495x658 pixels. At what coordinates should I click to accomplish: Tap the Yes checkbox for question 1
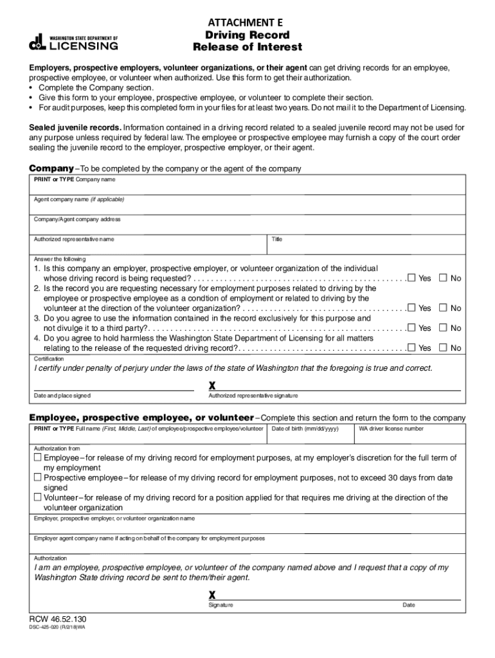pos(411,278)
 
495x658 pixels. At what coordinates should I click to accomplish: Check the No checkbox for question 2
pos(443,308)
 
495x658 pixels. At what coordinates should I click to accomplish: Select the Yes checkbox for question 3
pos(411,328)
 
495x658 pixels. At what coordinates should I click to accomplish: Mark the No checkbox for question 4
pos(443,348)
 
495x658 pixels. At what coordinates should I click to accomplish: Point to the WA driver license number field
pos(410,437)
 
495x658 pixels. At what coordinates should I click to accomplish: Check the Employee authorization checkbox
pos(37,458)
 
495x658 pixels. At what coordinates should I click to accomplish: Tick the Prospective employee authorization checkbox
pos(37,477)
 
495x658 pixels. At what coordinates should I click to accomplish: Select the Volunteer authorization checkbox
pos(37,497)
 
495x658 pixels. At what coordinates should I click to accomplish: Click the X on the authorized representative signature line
pos(212,386)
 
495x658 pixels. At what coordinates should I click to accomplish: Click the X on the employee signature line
pos(212,595)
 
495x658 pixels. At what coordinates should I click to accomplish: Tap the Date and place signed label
pos(62,396)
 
